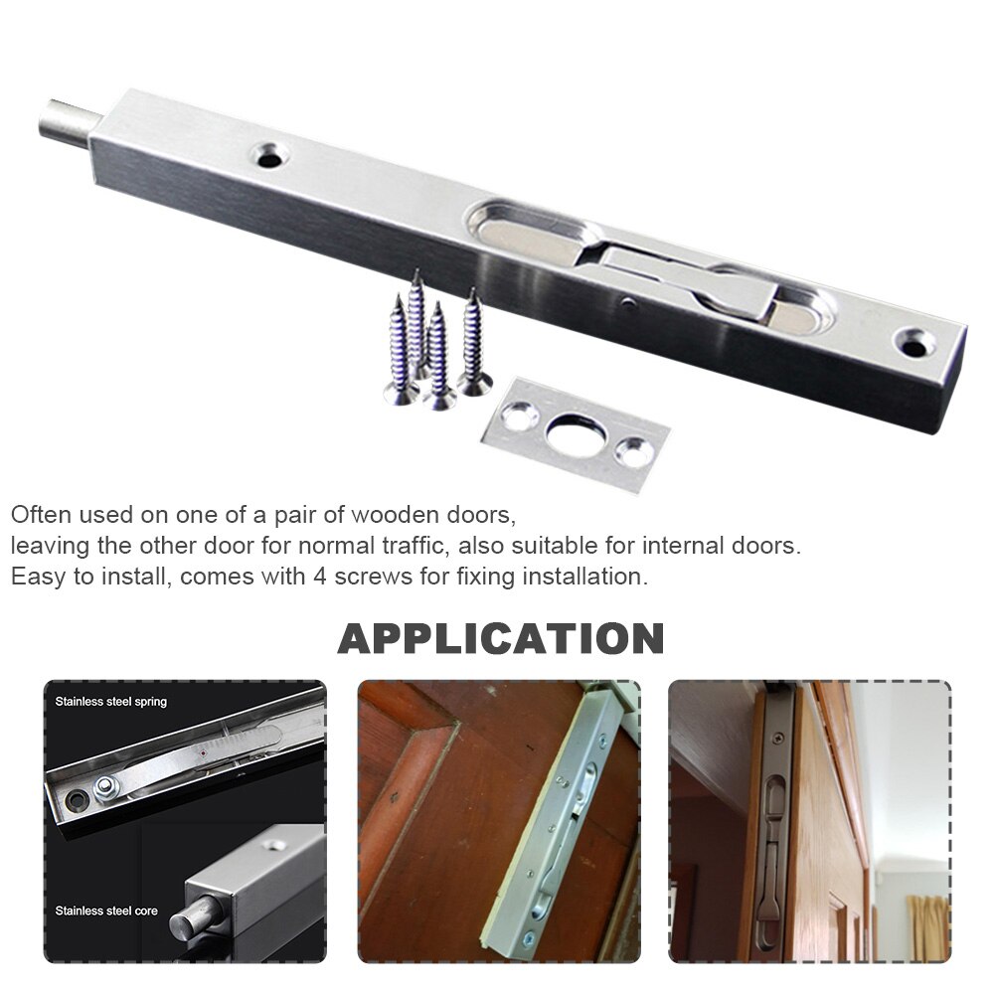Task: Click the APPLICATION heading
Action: coord(500,638)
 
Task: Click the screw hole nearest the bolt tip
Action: coord(269,154)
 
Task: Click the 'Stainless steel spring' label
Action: coord(111,701)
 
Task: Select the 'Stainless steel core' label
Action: coord(105,910)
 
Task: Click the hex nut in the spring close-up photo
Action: coord(104,788)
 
